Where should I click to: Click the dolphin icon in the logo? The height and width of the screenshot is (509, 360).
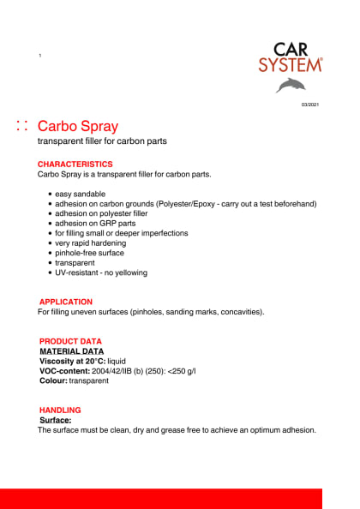(x=291, y=84)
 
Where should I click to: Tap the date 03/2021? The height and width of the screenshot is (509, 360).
(x=309, y=105)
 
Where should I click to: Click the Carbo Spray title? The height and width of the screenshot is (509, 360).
(x=78, y=126)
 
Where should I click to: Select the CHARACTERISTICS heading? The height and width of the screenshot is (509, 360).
(x=75, y=164)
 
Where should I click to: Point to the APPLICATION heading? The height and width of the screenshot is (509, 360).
(x=66, y=302)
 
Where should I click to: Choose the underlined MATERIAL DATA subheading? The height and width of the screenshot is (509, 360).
(x=72, y=351)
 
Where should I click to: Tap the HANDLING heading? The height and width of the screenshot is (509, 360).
(x=60, y=410)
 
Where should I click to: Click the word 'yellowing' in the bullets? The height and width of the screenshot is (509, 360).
(x=129, y=272)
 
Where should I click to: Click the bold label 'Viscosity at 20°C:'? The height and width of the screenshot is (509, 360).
(x=72, y=361)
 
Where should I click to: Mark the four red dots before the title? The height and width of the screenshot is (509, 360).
(x=22, y=126)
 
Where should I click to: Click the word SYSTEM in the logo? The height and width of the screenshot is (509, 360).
(x=291, y=63)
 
